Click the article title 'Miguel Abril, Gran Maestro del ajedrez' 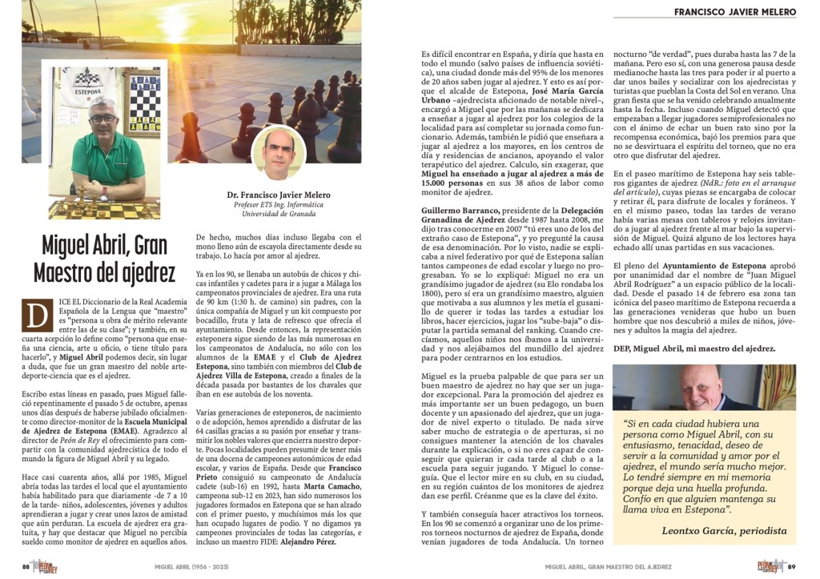tap(104, 259)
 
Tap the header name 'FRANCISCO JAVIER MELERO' tap(734, 12)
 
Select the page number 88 tap(26, 566)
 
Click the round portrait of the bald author tap(279, 152)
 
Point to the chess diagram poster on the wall tap(145, 104)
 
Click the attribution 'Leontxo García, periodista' tap(724, 531)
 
